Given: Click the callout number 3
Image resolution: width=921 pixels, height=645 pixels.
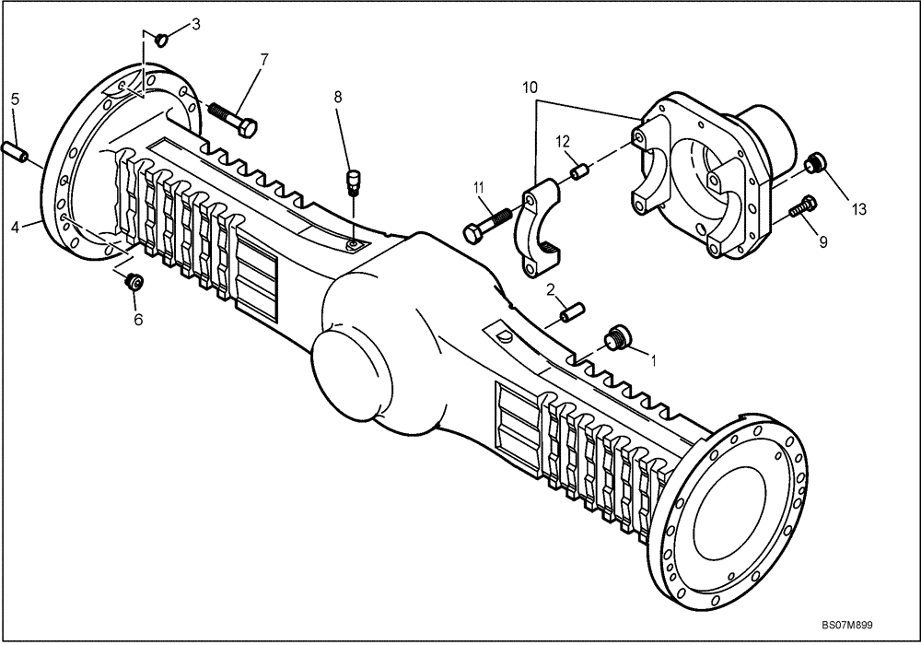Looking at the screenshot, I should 195,23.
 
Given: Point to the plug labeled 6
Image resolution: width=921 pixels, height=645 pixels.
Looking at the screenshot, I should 134,282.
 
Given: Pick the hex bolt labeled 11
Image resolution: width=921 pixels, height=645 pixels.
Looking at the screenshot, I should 488,224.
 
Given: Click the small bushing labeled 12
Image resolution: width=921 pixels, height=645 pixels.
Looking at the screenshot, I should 577,171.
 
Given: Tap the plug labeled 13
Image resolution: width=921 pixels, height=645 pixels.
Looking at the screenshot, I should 814,165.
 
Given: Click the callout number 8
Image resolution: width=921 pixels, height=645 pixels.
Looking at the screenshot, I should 338,95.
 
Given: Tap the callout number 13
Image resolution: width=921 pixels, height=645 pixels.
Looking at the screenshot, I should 858,209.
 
